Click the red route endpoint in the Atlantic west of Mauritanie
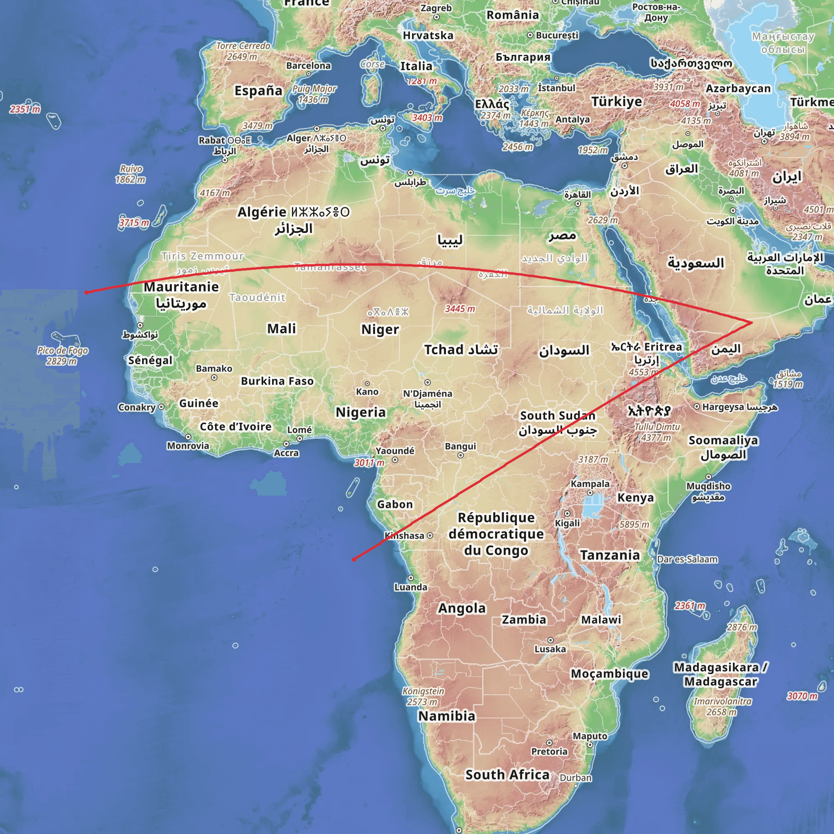(x=86, y=292)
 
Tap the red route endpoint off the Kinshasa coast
(x=353, y=560)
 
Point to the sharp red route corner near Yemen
(x=752, y=322)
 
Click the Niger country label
(x=380, y=330)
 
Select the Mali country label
(x=281, y=329)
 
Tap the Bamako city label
(x=214, y=369)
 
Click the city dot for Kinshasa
(x=430, y=536)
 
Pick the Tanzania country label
(x=610, y=555)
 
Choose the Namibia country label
(x=447, y=716)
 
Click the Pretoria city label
(x=549, y=752)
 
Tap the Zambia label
(x=524, y=620)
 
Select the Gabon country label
(x=395, y=504)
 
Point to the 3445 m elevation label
(x=460, y=309)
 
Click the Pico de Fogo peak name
(x=63, y=351)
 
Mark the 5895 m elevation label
(x=634, y=525)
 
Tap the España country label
(x=258, y=91)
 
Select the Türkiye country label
(x=617, y=102)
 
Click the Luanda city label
(x=410, y=587)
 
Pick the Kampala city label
(x=590, y=484)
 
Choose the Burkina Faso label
(x=277, y=381)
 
